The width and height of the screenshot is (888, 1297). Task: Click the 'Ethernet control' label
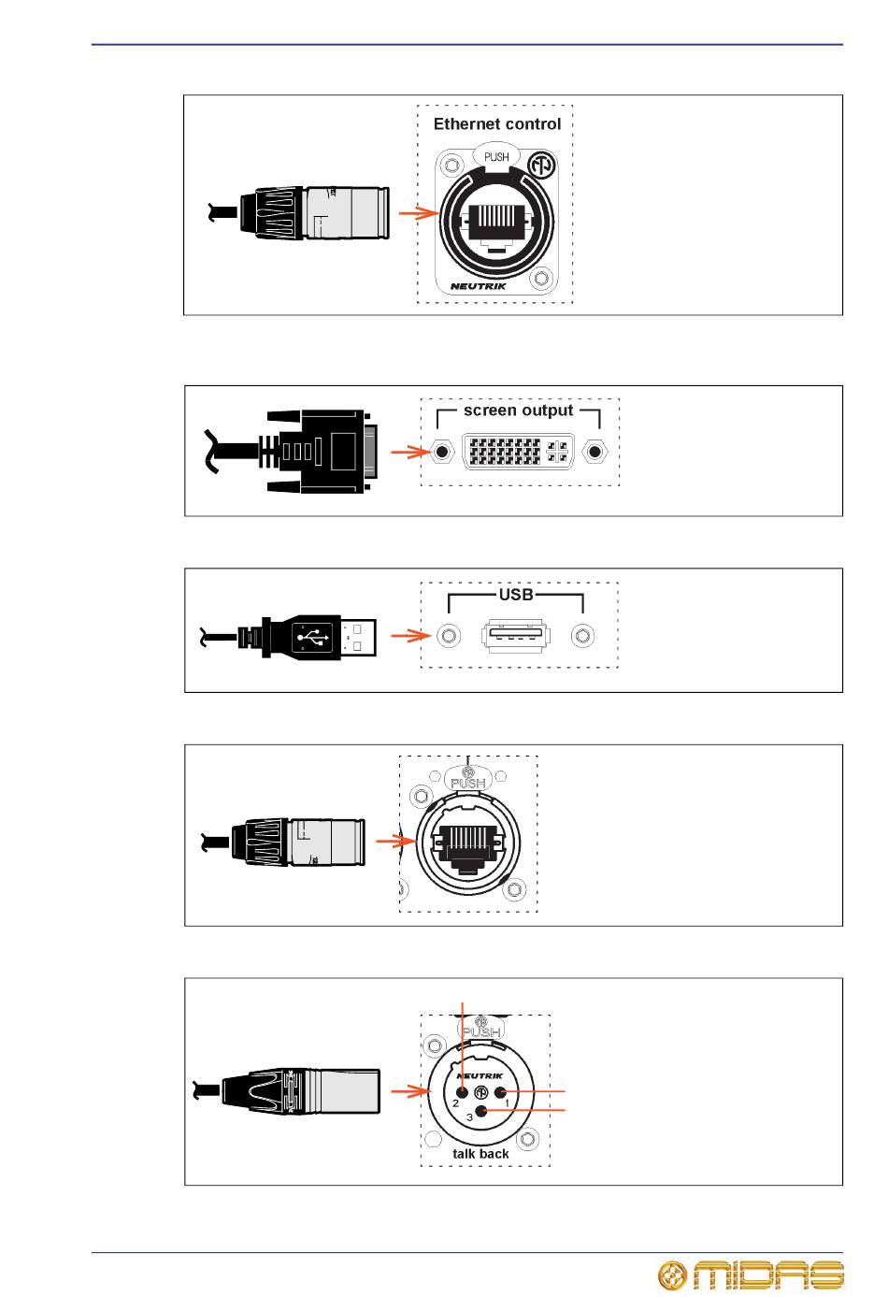pyautogui.click(x=496, y=124)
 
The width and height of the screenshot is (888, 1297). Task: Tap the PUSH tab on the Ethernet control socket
pyautogui.click(x=496, y=156)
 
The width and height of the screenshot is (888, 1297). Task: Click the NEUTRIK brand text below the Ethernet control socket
pyautogui.click(x=479, y=286)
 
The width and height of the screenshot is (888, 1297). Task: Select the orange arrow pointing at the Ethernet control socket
pyautogui.click(x=419, y=213)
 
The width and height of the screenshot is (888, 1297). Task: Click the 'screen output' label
pyautogui.click(x=518, y=411)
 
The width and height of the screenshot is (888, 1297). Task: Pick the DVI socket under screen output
pyautogui.click(x=518, y=451)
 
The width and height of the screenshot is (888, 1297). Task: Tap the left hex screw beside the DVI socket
pyautogui.click(x=441, y=451)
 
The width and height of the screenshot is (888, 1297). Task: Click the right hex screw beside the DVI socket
pyautogui.click(x=594, y=451)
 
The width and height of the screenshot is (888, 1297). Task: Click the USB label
pyautogui.click(x=516, y=595)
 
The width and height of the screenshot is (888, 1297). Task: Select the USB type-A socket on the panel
pyautogui.click(x=516, y=635)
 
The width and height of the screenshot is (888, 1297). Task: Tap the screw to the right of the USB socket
pyautogui.click(x=582, y=636)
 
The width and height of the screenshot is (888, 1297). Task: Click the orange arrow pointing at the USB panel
pyautogui.click(x=411, y=636)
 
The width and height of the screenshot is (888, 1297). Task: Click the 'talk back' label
pyautogui.click(x=480, y=1154)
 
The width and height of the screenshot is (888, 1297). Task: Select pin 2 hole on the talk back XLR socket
pyautogui.click(x=462, y=1092)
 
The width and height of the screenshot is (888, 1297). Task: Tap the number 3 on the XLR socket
pyautogui.click(x=470, y=1117)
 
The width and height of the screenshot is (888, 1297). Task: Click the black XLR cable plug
pyautogui.click(x=287, y=1091)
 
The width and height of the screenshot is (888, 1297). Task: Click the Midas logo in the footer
pyautogui.click(x=751, y=1275)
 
